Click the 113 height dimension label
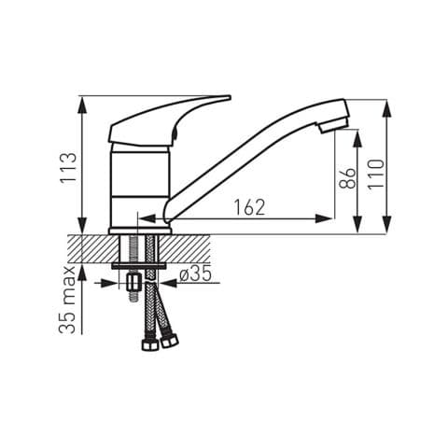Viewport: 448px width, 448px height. (68, 168)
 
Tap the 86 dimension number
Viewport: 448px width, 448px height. (347, 178)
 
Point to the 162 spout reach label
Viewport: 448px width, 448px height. (249, 207)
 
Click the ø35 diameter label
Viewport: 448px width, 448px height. (196, 273)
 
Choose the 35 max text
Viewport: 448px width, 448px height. (67, 300)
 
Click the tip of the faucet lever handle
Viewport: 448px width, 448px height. (230, 98)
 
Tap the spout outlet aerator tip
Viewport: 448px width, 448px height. (333, 125)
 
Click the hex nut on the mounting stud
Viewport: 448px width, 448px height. (133, 283)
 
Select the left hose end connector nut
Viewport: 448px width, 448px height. (149, 344)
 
